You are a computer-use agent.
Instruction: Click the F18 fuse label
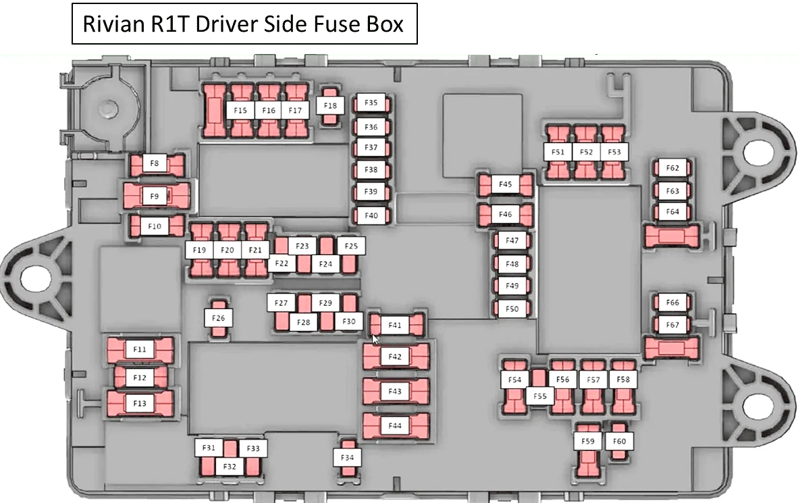pos(330,106)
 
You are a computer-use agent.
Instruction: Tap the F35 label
pos(371,103)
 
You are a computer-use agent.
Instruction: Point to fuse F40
pos(371,216)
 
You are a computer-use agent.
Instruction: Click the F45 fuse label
pos(506,184)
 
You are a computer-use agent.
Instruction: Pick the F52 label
pos(586,152)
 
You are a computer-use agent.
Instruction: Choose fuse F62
pos(672,168)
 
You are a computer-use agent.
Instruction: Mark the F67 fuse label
pos(672,325)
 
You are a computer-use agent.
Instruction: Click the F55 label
pos(540,396)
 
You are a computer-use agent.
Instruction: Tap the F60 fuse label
pos(619,441)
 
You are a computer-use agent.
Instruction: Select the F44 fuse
pos(396,425)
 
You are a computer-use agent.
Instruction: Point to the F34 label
pos(347,457)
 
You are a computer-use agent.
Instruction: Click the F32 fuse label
pos(230,467)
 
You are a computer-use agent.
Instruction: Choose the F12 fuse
pos(140,377)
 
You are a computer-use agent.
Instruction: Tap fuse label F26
pos(218,318)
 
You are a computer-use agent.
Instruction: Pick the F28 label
pos(303,322)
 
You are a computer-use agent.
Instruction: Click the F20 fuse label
pos(228,250)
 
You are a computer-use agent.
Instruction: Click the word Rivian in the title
pos(113,24)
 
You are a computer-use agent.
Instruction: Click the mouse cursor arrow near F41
pos(375,340)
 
